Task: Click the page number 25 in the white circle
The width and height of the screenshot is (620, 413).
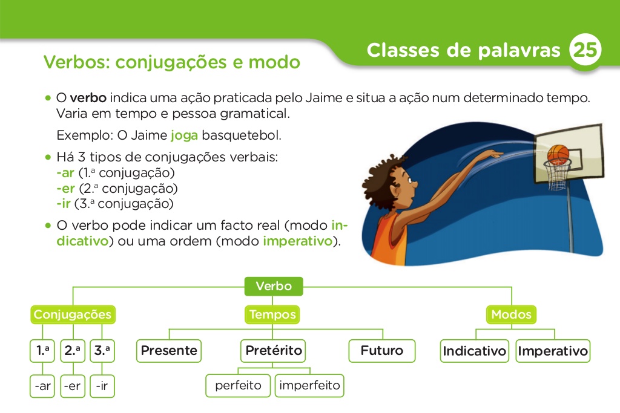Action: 585,51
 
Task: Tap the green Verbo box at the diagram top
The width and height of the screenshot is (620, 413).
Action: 274,286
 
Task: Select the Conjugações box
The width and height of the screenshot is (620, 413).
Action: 73,314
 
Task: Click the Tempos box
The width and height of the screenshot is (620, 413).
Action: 272,314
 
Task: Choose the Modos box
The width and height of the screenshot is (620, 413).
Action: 512,314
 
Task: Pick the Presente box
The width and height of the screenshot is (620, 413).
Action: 169,351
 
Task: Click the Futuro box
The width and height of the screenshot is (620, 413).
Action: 382,351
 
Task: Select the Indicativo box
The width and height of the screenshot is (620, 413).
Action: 475,351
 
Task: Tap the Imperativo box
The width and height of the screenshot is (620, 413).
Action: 553,351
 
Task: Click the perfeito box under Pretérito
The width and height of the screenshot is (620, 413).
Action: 239,386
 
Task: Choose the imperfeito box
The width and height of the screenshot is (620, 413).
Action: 310,386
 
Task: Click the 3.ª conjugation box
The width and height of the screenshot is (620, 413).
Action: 102,351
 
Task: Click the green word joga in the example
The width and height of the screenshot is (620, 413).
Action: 185,135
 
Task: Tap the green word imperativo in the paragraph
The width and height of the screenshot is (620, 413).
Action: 298,242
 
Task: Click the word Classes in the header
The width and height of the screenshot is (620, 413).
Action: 403,50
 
